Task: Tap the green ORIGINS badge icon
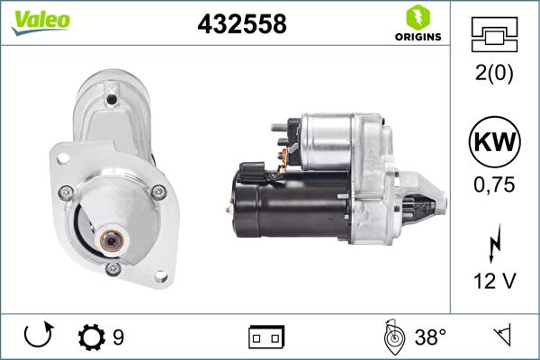click(x=417, y=16)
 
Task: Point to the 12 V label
click(x=495, y=282)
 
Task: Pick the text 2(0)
click(x=495, y=75)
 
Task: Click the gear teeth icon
click(x=91, y=338)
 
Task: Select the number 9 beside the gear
click(x=118, y=338)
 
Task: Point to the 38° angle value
click(x=430, y=338)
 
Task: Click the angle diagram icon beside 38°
click(x=394, y=338)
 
